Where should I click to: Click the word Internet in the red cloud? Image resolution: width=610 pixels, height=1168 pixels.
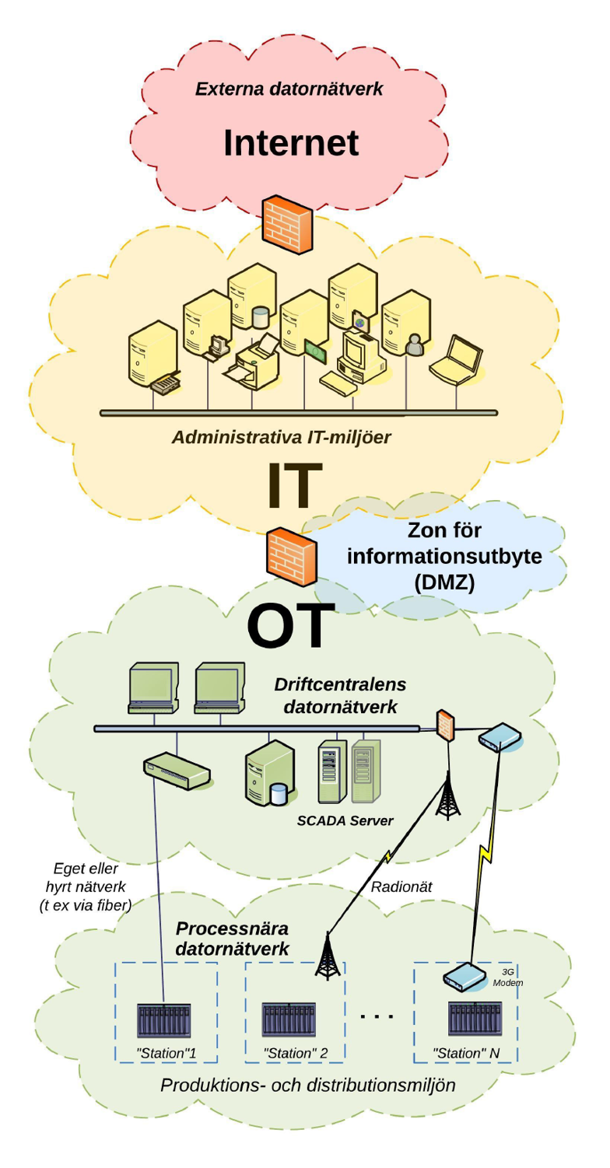pyautogui.click(x=291, y=143)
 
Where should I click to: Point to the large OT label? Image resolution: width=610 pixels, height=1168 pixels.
pyautogui.click(x=291, y=625)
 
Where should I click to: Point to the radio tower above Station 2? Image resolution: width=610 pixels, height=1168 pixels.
pyautogui.click(x=328, y=955)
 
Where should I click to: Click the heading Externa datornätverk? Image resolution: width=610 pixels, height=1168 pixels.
pyautogui.click(x=289, y=89)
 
